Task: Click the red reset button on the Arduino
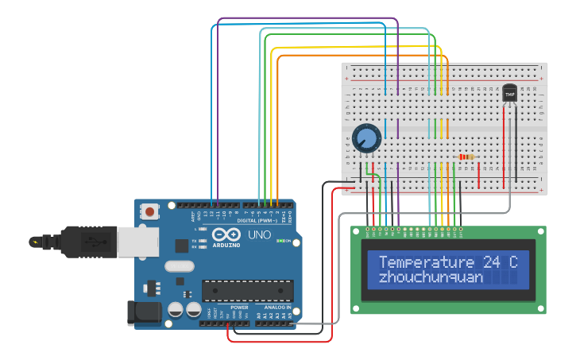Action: [x=149, y=211]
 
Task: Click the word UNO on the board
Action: [x=260, y=236]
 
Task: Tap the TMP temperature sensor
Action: [x=509, y=95]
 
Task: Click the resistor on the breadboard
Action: [x=466, y=157]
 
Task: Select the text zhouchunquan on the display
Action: [x=431, y=277]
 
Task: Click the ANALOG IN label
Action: [x=277, y=307]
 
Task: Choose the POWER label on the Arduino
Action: [x=239, y=307]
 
